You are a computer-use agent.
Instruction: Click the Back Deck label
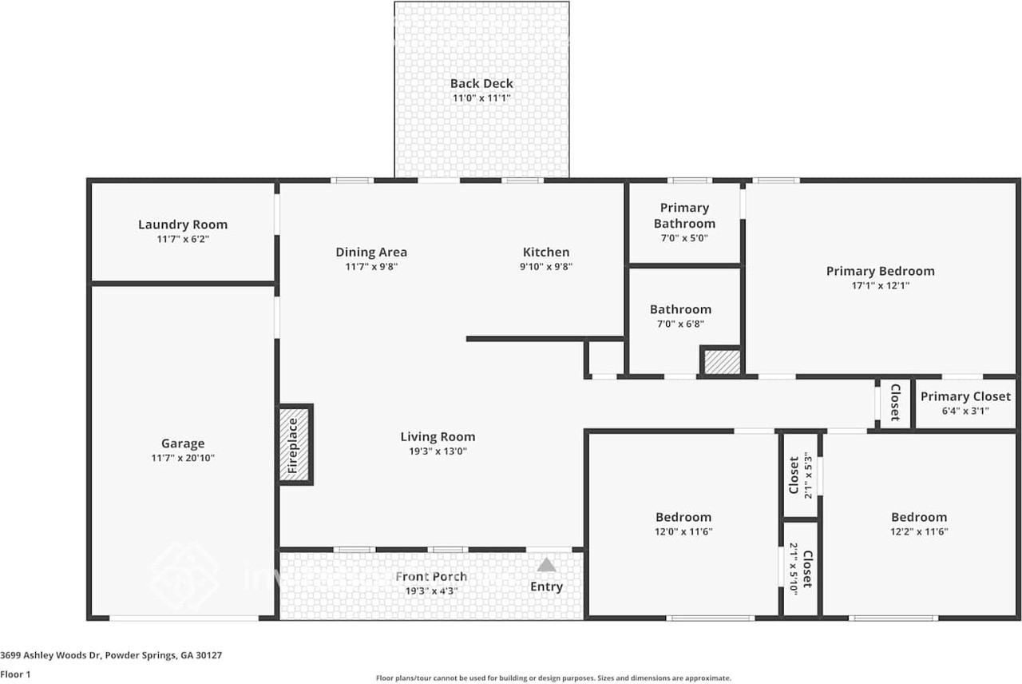click(x=481, y=83)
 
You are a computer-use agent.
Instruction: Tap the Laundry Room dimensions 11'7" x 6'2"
click(x=183, y=239)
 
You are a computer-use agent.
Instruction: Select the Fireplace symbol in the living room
click(x=294, y=444)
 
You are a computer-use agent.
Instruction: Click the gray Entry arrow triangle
click(x=546, y=565)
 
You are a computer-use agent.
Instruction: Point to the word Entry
click(x=546, y=587)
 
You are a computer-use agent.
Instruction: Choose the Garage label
click(x=183, y=443)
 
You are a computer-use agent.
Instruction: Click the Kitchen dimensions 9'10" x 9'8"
click(x=546, y=267)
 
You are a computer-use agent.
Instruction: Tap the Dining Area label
click(x=371, y=252)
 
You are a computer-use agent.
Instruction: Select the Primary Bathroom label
click(x=684, y=216)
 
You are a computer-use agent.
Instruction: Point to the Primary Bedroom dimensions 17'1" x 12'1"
click(x=880, y=285)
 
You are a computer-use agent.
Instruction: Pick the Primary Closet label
click(x=965, y=396)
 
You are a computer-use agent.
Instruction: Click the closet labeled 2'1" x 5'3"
click(x=799, y=475)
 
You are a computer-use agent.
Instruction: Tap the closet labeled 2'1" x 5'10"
click(x=801, y=569)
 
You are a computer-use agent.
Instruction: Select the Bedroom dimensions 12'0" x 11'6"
click(x=683, y=531)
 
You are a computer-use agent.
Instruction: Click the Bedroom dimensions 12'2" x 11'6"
click(x=919, y=531)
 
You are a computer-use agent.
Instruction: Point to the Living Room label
click(x=438, y=436)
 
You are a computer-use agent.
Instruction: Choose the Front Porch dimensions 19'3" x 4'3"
click(x=431, y=591)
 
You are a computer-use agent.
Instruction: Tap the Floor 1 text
click(x=15, y=674)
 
